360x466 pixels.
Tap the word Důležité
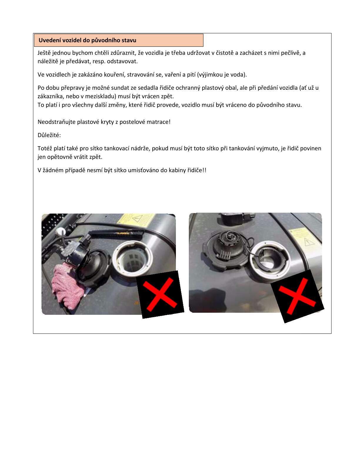click(49, 135)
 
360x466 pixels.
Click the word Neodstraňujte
click(56, 122)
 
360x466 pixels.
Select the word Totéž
click(45, 148)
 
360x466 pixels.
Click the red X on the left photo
click(160, 294)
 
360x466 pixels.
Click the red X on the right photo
click(297, 296)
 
